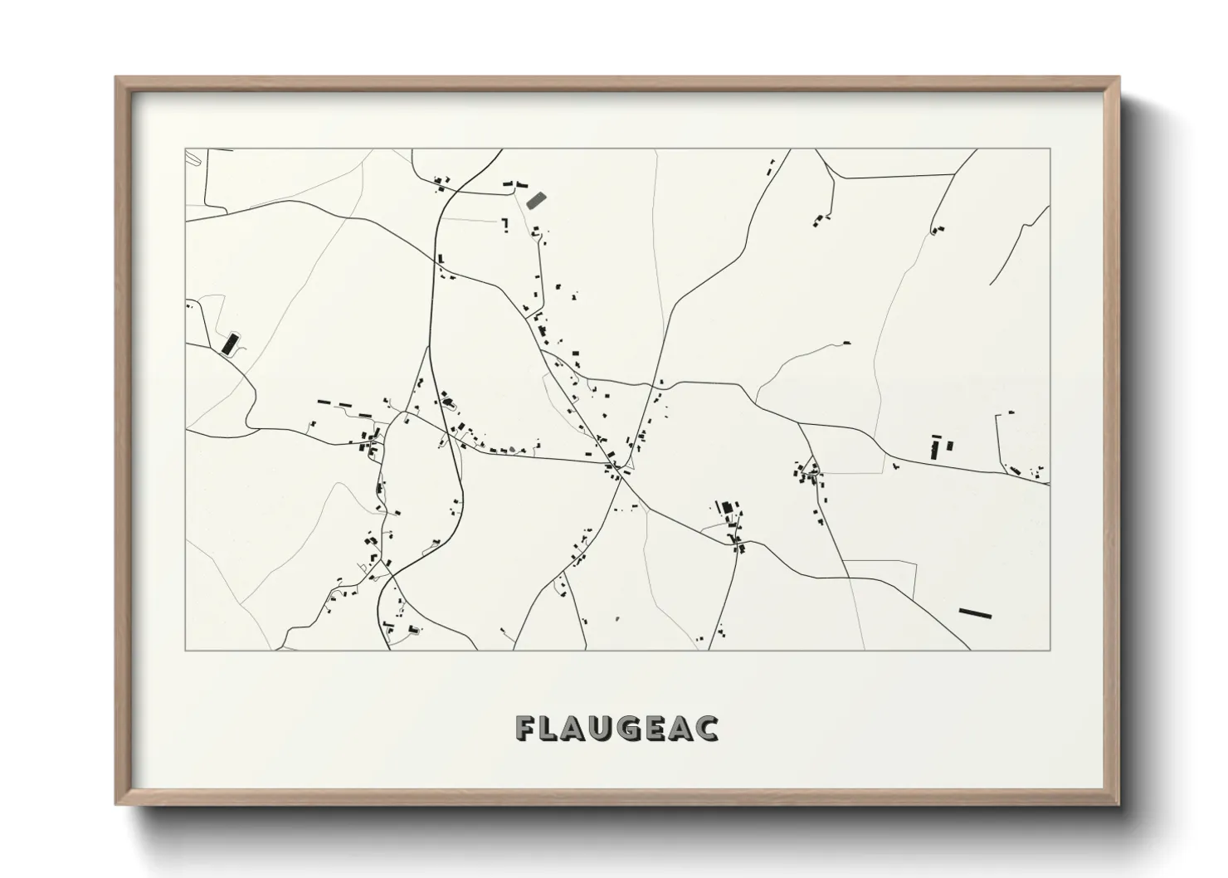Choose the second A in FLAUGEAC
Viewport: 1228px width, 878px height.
pos(690,728)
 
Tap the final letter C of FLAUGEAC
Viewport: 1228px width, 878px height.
pos(710,728)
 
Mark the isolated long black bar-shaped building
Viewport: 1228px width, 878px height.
pos(975,613)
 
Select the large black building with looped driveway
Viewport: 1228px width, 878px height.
pos(227,343)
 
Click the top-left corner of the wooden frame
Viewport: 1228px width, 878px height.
pos(117,78)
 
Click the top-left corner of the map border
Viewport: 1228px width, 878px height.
pos(185,149)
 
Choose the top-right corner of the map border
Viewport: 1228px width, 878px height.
pos(1050,149)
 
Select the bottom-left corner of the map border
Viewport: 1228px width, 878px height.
pos(185,651)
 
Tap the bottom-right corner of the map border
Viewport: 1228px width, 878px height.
pos(1050,651)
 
